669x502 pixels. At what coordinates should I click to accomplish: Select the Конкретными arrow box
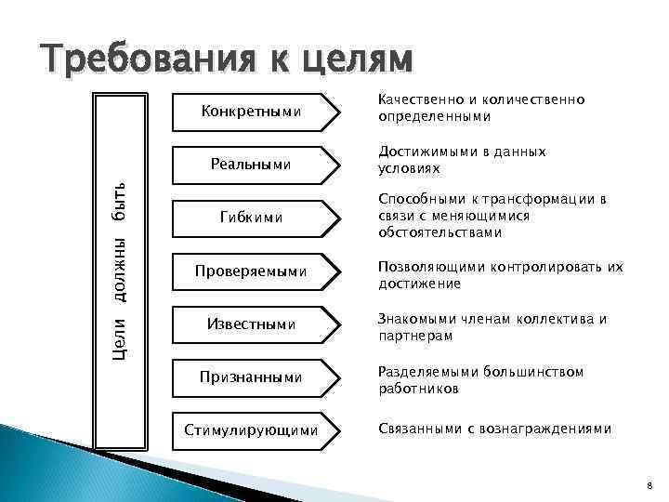click(254, 112)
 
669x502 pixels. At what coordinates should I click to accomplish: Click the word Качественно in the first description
click(414, 99)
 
